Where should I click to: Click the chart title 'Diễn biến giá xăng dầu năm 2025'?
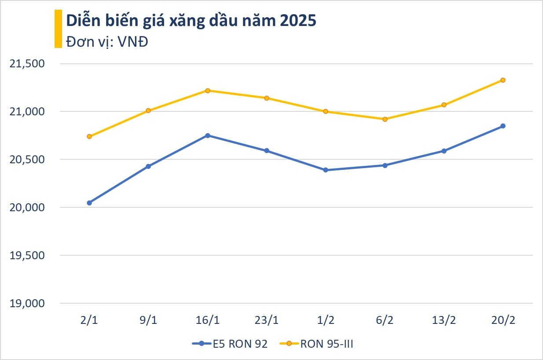click(x=191, y=21)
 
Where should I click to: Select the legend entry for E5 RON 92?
click(x=230, y=344)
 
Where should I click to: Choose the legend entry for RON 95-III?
click(x=317, y=344)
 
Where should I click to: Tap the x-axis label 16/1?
click(x=208, y=320)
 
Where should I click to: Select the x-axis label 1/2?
click(x=326, y=320)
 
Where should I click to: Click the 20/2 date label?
click(x=503, y=320)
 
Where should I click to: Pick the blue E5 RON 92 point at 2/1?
click(x=89, y=203)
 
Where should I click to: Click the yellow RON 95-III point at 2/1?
click(x=89, y=136)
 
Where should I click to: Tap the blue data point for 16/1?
click(x=208, y=136)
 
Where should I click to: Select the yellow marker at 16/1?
click(x=208, y=91)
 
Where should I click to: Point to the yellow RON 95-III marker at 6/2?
click(x=385, y=119)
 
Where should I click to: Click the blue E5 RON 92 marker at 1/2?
click(x=326, y=170)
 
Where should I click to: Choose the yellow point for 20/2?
click(x=503, y=80)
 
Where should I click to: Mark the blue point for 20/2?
click(x=503, y=126)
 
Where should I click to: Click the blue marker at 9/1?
click(x=148, y=166)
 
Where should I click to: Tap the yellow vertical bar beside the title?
click(x=58, y=29)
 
